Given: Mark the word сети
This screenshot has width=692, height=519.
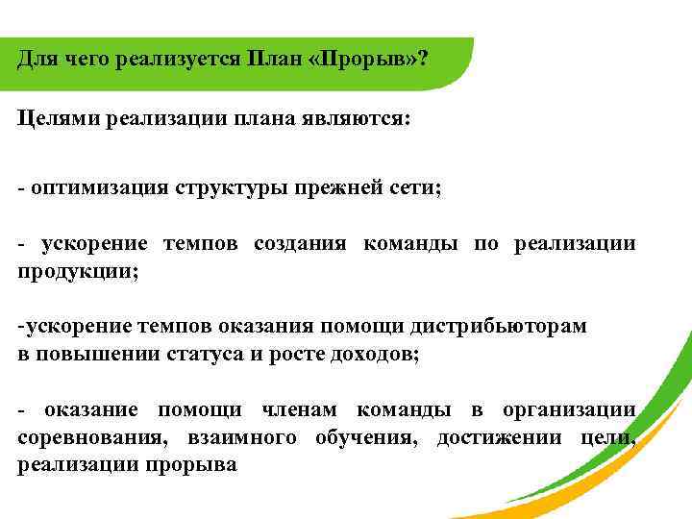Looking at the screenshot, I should click(411, 186).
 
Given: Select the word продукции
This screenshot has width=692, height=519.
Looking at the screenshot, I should click(77, 271).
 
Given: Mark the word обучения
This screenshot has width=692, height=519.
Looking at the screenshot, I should click(369, 438).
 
